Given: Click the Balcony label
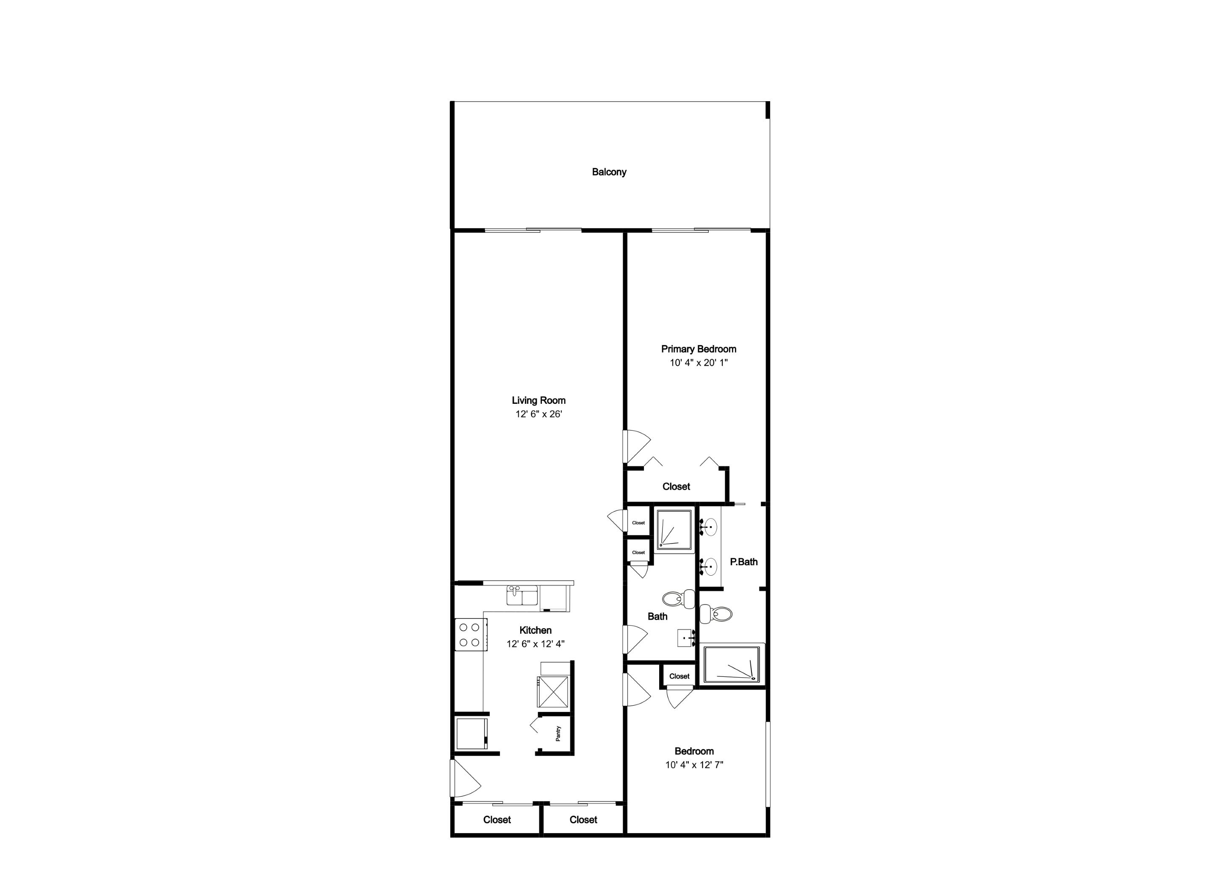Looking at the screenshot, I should pos(609,172).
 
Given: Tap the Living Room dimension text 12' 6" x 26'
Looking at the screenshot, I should pos(538,414).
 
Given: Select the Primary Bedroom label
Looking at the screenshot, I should pos(699,349).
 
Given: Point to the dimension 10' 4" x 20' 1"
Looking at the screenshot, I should pos(699,363).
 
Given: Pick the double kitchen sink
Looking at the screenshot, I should pos(523,596).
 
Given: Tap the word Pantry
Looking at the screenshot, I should pos(558,734).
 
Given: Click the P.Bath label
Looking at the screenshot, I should pos(743,562).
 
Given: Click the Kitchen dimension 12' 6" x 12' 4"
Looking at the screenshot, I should pos(535,644).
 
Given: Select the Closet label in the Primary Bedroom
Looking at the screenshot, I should pos(676,486).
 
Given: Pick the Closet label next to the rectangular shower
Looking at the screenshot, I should pos(679,676).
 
